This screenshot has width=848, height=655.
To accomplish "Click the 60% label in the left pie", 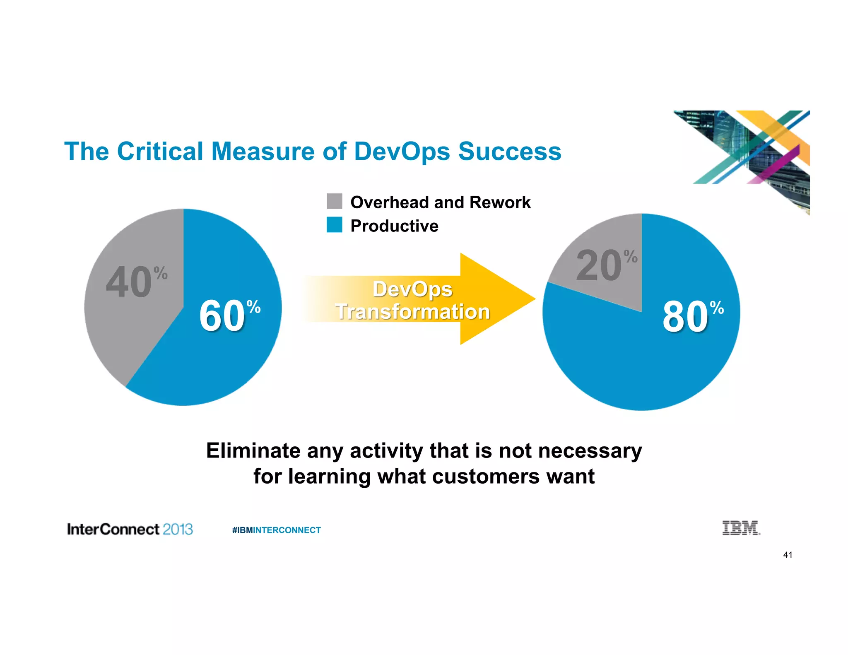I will click(229, 316).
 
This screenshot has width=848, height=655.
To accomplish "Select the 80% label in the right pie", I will click(692, 317).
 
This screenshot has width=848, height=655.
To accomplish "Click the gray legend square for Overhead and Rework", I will click(334, 201).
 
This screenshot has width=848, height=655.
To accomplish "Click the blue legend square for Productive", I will click(334, 225).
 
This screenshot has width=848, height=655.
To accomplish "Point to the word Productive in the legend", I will click(394, 226).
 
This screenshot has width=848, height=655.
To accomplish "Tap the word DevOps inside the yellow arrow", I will click(412, 289).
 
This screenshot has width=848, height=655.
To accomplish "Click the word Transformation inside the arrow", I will click(412, 312).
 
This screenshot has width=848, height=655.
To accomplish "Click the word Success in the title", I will click(509, 151).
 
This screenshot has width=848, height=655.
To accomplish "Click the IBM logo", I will click(741, 528).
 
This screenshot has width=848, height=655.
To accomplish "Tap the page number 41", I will click(788, 555).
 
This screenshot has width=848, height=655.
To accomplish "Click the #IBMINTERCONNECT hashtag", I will click(276, 530).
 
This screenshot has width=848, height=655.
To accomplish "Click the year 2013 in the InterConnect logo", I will click(178, 529).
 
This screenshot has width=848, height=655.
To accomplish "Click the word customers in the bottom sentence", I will click(486, 476).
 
